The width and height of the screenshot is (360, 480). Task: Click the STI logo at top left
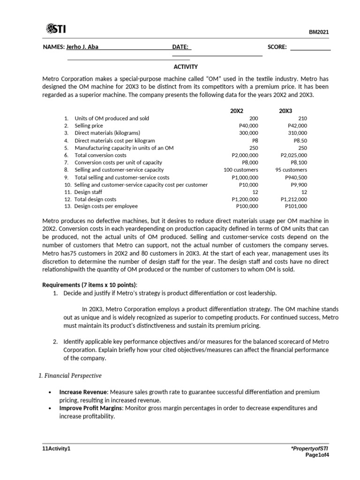coord(56,30)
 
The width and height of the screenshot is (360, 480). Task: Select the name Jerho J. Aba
coord(82,47)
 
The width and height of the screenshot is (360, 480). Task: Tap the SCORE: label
coord(277,47)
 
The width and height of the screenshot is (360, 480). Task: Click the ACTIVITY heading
coord(186,67)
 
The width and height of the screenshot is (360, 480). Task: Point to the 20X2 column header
coord(237,111)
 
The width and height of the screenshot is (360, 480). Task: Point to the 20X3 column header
coord(285,111)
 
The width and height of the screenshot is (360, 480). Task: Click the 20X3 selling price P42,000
coord(298,126)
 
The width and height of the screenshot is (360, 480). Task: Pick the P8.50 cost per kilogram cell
coord(300,141)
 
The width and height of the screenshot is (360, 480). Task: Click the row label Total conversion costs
coord(100,155)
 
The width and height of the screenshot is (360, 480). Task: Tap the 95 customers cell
coord(291,170)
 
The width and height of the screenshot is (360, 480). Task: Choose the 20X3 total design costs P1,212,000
coord(294,199)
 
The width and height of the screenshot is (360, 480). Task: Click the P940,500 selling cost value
coord(296,178)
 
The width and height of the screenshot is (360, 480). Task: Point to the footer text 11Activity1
coord(56,449)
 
